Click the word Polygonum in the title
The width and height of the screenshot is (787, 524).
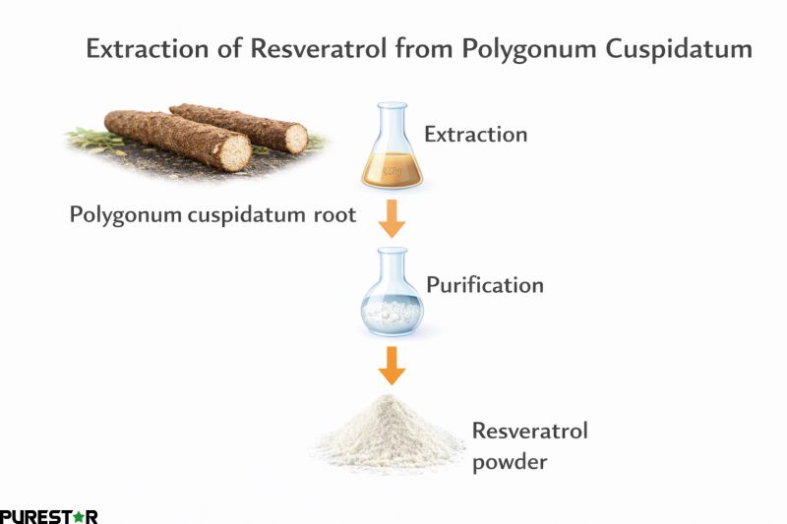point(502,49)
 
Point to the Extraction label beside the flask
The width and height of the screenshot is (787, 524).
point(475,135)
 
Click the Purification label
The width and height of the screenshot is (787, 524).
point(484,285)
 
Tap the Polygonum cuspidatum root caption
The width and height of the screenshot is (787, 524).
point(212,214)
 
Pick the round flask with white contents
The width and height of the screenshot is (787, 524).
point(393,301)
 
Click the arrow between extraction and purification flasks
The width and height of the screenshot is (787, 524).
point(393,219)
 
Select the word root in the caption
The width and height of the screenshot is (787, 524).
point(333,215)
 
